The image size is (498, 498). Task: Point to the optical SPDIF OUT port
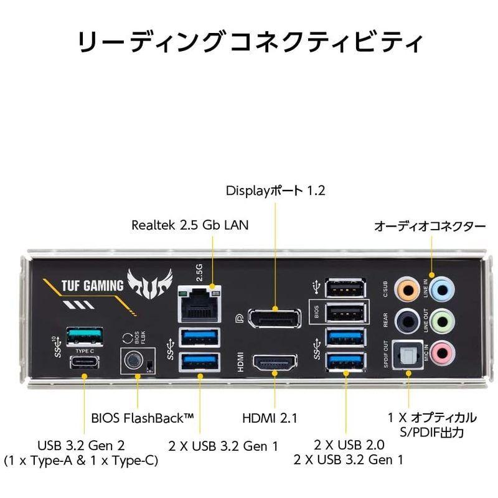[x=408, y=354]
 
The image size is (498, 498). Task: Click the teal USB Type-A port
[x=84, y=335]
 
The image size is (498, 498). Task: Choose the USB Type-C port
[x=84, y=363]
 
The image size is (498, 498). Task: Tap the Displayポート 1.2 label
[x=275, y=190]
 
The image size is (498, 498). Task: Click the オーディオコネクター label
[x=430, y=227]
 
